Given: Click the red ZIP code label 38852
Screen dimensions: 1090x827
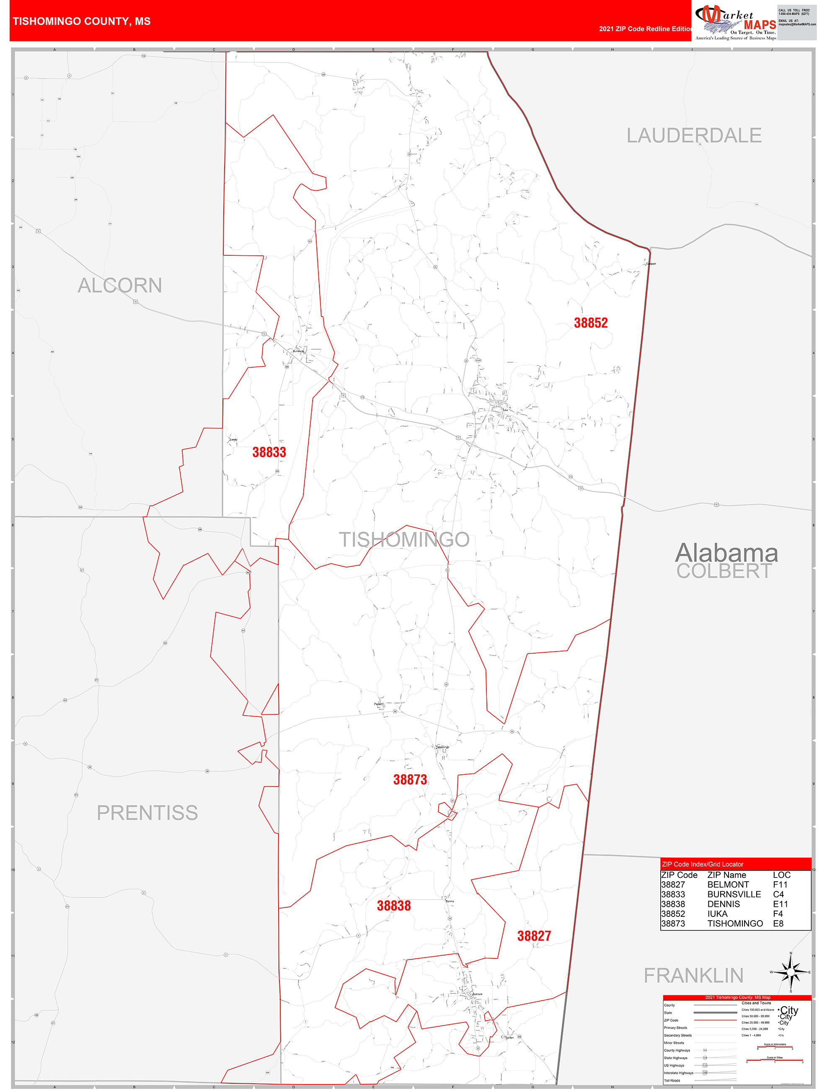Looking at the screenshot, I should coord(591,323).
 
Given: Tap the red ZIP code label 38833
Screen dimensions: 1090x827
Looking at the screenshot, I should coord(269,452).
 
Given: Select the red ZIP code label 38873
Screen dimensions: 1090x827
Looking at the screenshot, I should coord(410,779).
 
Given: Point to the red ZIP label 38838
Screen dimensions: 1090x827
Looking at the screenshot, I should coord(393,905).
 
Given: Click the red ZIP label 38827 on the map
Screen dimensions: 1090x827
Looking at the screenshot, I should coord(534,936).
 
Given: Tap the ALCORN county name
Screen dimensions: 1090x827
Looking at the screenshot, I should coord(120,285).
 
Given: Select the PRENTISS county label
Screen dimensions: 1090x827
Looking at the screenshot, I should coord(147,812).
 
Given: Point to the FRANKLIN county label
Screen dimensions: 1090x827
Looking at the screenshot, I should coord(693,975).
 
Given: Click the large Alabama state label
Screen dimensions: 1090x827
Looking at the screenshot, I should coord(726,553).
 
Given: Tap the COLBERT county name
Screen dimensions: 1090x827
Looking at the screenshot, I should coord(724,571).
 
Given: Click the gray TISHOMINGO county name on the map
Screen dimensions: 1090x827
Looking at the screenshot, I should coord(404,540).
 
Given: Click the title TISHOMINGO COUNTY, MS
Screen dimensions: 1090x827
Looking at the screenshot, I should coord(82,21).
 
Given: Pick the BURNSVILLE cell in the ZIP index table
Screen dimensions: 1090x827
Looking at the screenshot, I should coord(734,894).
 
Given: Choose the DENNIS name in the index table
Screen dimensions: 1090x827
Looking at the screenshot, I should coord(723,904).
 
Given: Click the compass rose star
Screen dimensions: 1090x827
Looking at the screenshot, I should coord(791,972).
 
